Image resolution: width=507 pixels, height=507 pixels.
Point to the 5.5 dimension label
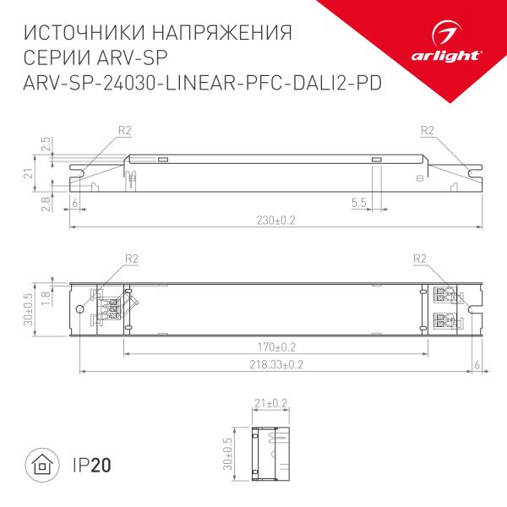(358, 204)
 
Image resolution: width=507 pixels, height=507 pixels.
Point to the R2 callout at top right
(426, 130)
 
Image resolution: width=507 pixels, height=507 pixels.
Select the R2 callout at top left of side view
(125, 130)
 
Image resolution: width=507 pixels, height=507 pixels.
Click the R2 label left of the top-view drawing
(131, 259)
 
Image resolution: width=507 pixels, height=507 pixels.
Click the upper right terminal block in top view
(444, 296)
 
